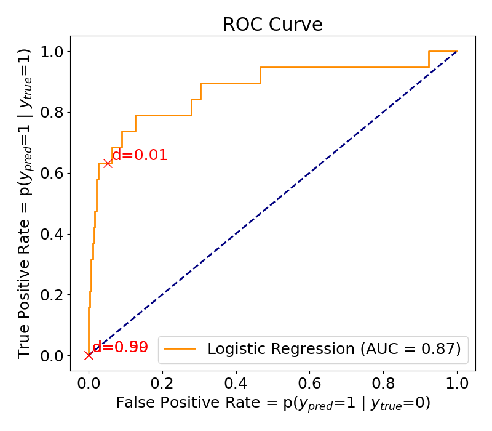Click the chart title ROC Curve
(272, 24)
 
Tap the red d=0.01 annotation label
(140, 155)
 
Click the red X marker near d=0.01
(108, 163)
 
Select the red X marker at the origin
(89, 355)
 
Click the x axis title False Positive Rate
(272, 403)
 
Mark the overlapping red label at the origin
(121, 347)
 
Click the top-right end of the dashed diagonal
(457, 51)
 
